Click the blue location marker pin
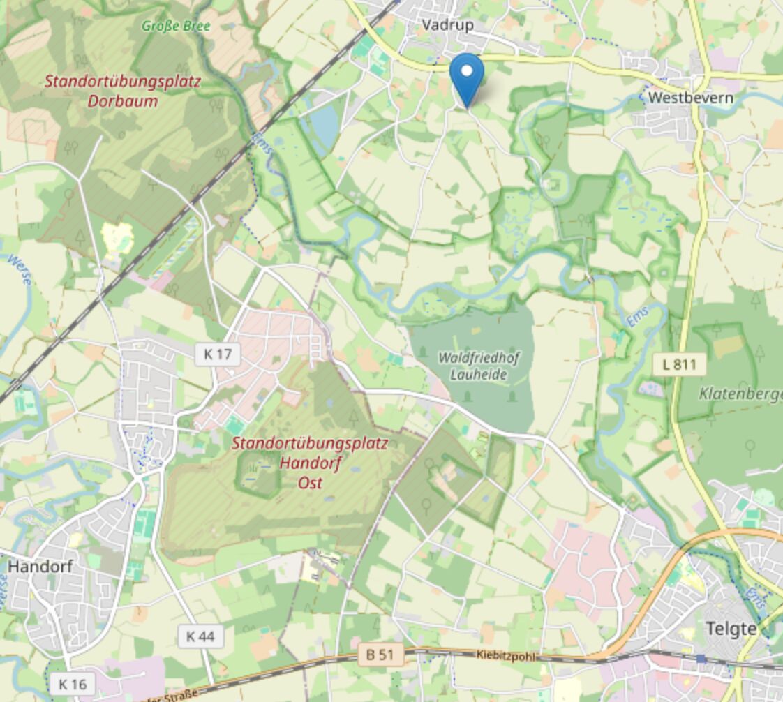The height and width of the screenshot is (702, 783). coord(466,77)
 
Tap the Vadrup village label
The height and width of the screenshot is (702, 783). coord(447,25)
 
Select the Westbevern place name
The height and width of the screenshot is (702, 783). coord(690,98)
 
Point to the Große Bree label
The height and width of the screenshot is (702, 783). coord(176,26)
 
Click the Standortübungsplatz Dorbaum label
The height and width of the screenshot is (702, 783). coord(123,91)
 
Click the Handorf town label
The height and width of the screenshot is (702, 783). coord(40,566)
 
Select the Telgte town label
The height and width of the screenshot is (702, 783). coord(731,628)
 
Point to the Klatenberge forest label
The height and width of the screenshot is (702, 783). coord(740,394)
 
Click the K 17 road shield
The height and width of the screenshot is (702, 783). coord(217,354)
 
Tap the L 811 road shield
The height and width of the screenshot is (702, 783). coord(679,364)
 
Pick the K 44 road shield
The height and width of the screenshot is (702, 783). coord(200,636)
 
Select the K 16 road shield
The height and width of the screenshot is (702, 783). coord(73,684)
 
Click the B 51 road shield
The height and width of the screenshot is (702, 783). coord(380,655)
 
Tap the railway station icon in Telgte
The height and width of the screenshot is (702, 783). coord(701,658)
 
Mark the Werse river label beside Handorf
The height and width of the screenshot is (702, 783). coord(19,269)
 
